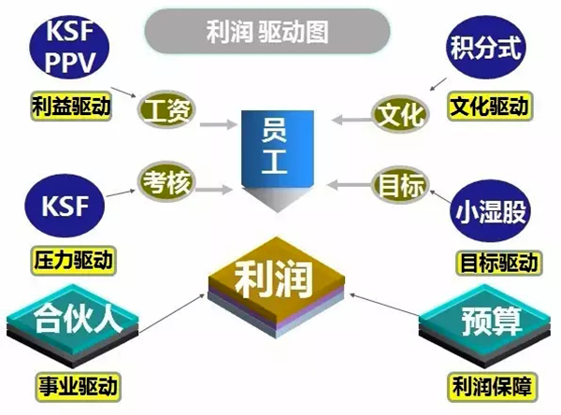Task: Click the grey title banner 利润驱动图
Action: (x=266, y=32)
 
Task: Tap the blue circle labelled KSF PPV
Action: (x=69, y=47)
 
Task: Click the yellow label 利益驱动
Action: (x=71, y=107)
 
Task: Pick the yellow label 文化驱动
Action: (x=490, y=107)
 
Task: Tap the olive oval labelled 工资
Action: (x=166, y=110)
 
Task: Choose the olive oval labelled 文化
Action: (x=400, y=114)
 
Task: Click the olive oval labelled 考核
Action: (x=166, y=182)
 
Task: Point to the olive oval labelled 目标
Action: (x=400, y=185)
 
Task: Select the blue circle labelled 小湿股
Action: (x=490, y=210)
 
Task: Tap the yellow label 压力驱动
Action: (x=73, y=261)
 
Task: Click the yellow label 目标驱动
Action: (x=499, y=263)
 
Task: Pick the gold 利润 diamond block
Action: (x=277, y=287)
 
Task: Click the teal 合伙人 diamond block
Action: (x=73, y=325)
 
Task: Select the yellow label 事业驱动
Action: (x=78, y=386)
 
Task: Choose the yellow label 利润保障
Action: (x=492, y=386)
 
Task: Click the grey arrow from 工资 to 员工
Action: (x=218, y=124)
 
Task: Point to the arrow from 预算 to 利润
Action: (x=384, y=305)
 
